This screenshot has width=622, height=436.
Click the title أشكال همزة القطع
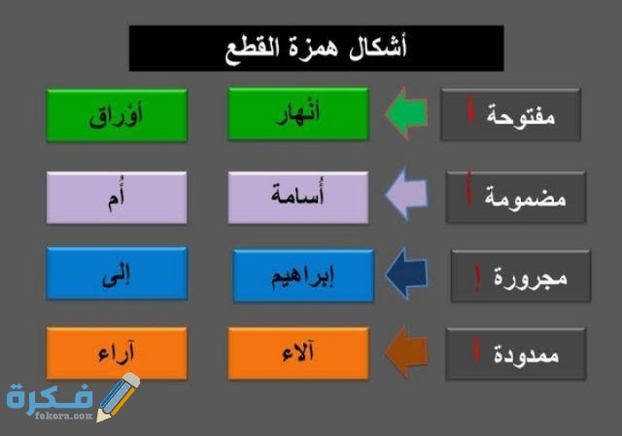coord(316,49)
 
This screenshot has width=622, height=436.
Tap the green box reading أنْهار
coord(297,114)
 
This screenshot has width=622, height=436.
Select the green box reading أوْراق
coord(117,114)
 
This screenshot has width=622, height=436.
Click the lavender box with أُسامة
coord(297,196)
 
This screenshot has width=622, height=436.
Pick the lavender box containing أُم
coord(117,196)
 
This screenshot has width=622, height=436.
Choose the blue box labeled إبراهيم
coord(302,274)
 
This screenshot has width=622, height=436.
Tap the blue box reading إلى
coord(117,274)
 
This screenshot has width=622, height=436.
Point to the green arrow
coord(406,114)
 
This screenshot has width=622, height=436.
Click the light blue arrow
coord(406,196)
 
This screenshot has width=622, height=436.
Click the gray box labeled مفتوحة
coord(511,115)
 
